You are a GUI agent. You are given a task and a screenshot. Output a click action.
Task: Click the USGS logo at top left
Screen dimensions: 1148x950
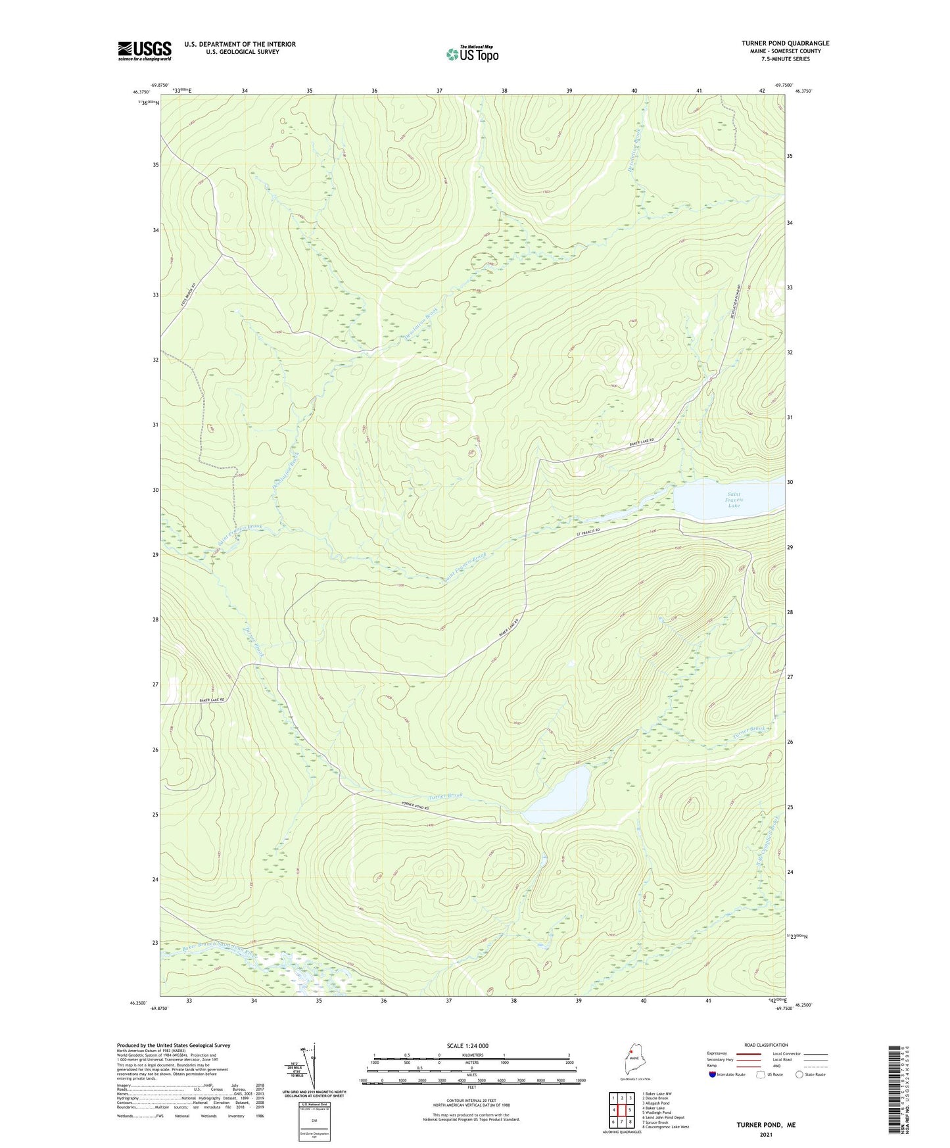145,51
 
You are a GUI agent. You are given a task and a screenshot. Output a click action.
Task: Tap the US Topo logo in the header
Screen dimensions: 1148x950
471,54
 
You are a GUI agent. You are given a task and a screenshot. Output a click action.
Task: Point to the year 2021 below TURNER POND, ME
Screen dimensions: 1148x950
765,1135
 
